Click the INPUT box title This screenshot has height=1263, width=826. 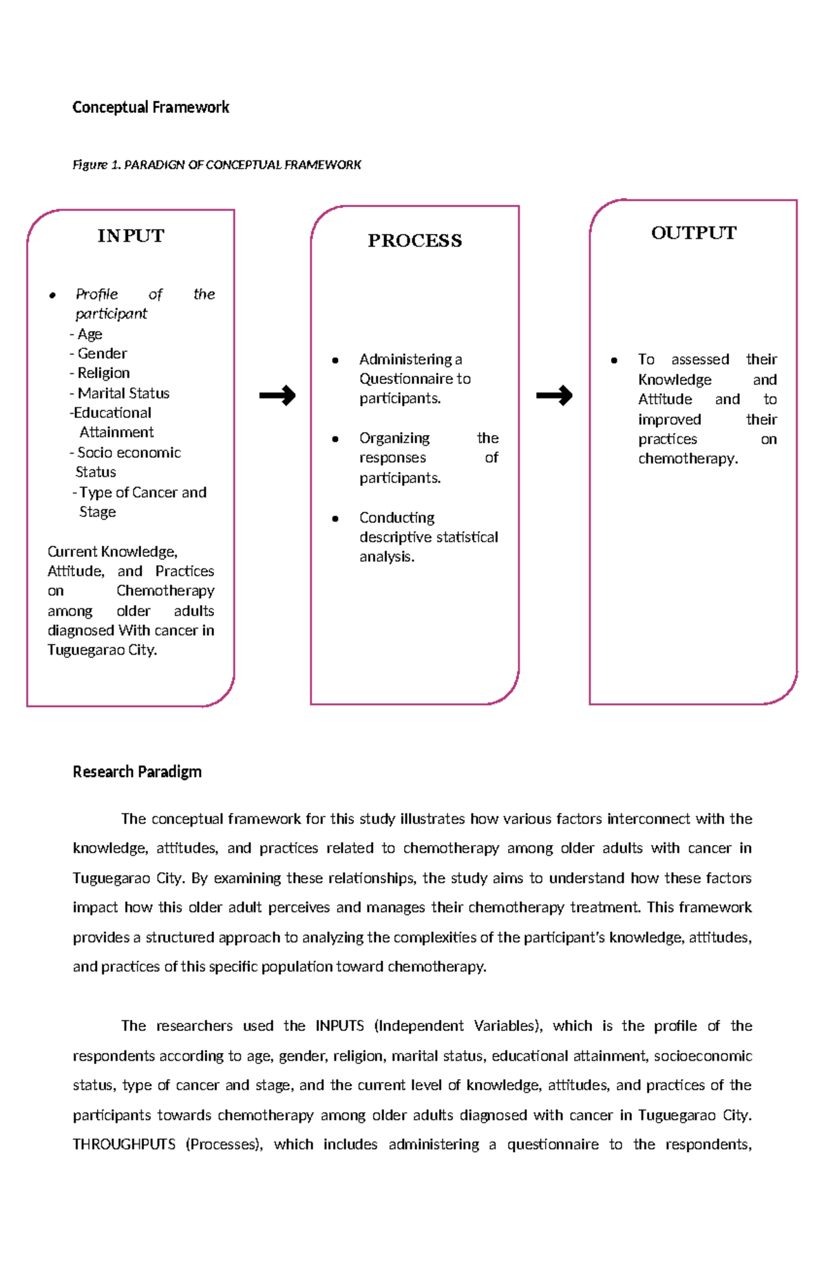131,236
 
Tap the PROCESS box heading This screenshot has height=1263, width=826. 414,241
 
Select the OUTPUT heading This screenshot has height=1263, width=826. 693,233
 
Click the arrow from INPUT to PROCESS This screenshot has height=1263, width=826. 277,395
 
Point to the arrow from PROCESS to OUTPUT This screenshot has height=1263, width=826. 554,395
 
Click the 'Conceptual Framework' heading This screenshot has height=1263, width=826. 151,107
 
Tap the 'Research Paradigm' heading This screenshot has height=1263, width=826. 137,772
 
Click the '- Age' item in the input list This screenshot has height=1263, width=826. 87,335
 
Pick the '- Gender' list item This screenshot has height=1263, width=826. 99,354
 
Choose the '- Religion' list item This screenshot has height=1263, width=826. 100,373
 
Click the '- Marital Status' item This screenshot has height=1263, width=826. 120,394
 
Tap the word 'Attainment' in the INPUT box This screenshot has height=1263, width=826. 116,432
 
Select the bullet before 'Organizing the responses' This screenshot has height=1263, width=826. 335,439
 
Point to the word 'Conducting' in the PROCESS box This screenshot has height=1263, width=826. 396,518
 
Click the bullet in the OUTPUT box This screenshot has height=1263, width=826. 614,360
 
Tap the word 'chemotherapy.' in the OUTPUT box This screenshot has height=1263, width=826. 688,459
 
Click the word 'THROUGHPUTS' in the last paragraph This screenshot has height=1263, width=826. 124,1145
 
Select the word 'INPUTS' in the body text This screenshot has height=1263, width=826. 339,1026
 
